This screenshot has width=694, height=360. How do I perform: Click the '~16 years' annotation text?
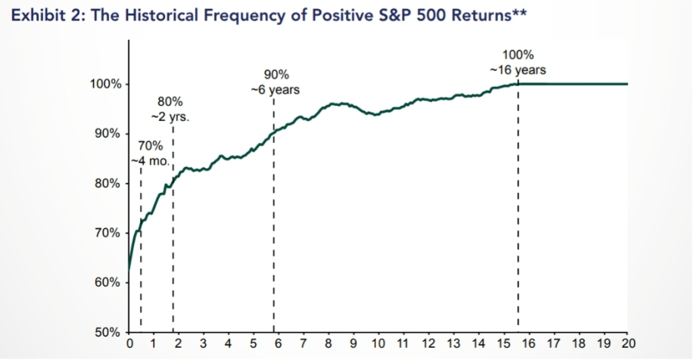point(518,70)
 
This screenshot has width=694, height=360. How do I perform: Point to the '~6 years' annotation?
point(275,90)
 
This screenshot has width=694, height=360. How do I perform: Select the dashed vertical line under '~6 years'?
point(273,227)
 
